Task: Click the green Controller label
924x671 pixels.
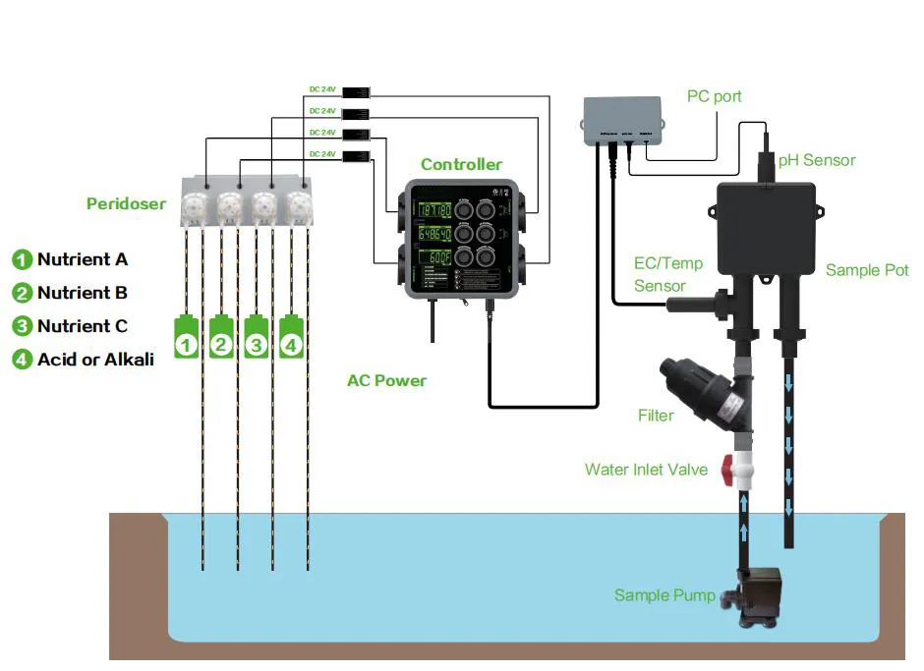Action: click(x=461, y=164)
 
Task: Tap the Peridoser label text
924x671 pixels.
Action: click(x=126, y=204)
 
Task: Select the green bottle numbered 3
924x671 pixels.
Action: click(x=256, y=338)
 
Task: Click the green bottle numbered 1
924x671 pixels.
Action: click(x=187, y=338)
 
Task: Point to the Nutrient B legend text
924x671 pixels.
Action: click(x=83, y=293)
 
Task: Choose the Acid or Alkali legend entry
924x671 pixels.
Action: click(x=95, y=360)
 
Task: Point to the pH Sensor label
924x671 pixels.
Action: click(x=817, y=160)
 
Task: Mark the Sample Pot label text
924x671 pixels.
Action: click(x=867, y=269)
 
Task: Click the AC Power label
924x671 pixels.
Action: click(x=386, y=380)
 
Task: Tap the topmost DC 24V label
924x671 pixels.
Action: click(x=322, y=89)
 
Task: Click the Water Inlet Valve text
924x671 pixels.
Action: click(x=646, y=470)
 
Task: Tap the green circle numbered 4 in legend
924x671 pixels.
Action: click(x=22, y=360)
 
